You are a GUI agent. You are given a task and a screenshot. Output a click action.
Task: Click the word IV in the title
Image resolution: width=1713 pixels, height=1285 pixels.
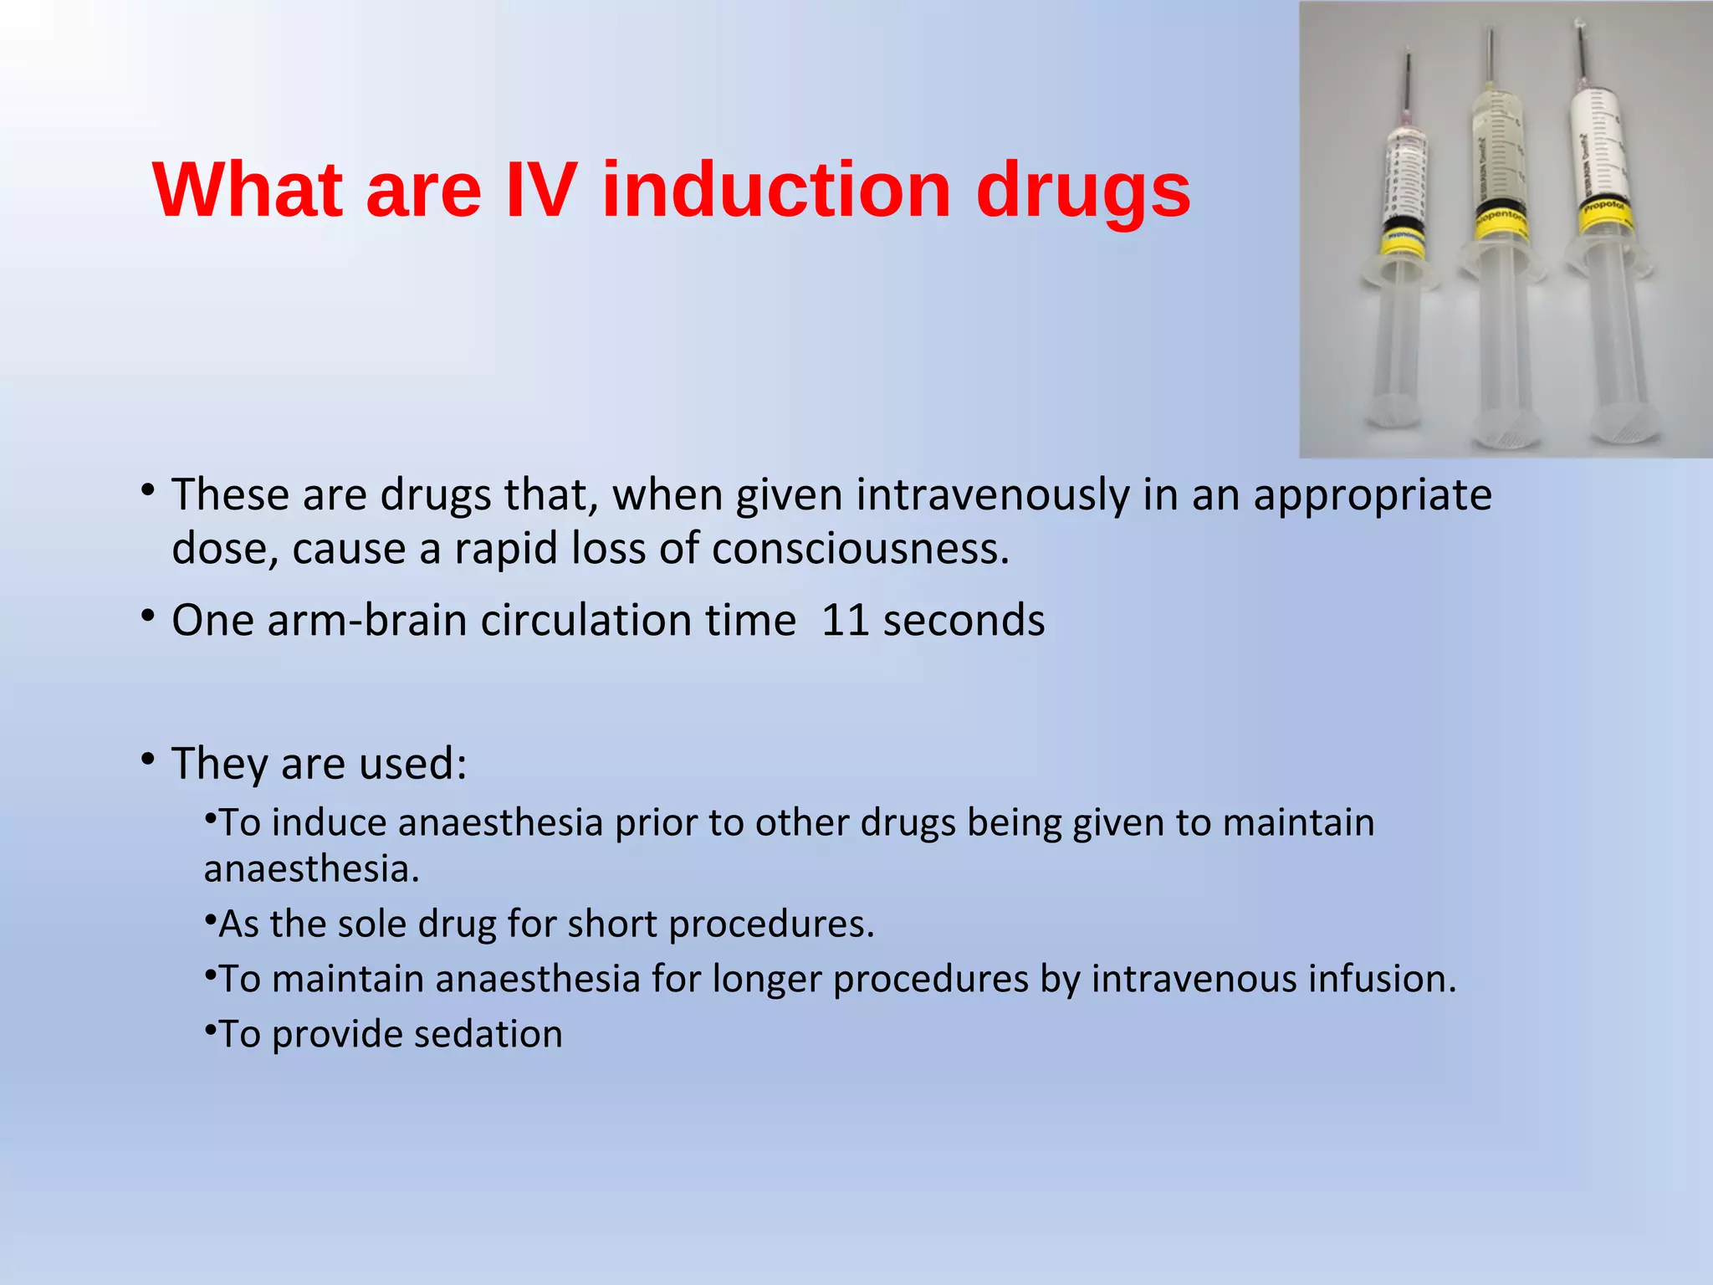(x=541, y=191)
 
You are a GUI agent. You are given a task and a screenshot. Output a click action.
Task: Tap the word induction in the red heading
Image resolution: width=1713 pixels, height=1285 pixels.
(x=776, y=191)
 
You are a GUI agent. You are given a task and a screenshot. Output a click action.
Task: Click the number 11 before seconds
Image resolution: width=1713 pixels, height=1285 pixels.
(x=846, y=621)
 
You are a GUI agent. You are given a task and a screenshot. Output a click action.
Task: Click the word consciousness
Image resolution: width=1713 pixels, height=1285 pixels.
(x=861, y=550)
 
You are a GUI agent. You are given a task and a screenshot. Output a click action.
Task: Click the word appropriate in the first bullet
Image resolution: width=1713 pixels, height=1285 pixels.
(x=1372, y=494)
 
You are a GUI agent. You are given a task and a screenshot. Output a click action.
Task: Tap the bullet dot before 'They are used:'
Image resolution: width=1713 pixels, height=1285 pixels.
(x=148, y=760)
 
